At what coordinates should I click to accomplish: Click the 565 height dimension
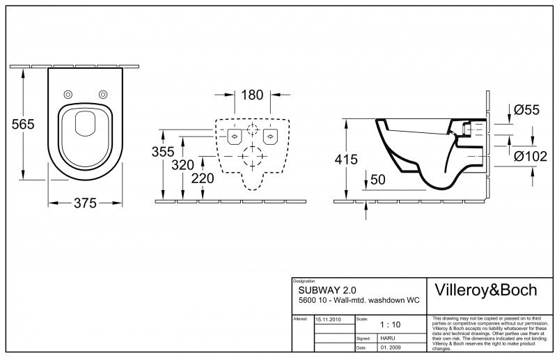point(23,124)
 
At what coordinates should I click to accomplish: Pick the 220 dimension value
point(202,178)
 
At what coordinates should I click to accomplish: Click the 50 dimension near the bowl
point(379,180)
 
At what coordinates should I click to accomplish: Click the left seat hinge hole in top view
point(68,95)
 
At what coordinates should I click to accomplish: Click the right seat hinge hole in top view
point(103,95)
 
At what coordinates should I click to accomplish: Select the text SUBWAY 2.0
point(322,289)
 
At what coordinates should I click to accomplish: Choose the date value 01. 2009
point(391,347)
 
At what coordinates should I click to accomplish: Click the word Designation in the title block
point(305,280)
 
